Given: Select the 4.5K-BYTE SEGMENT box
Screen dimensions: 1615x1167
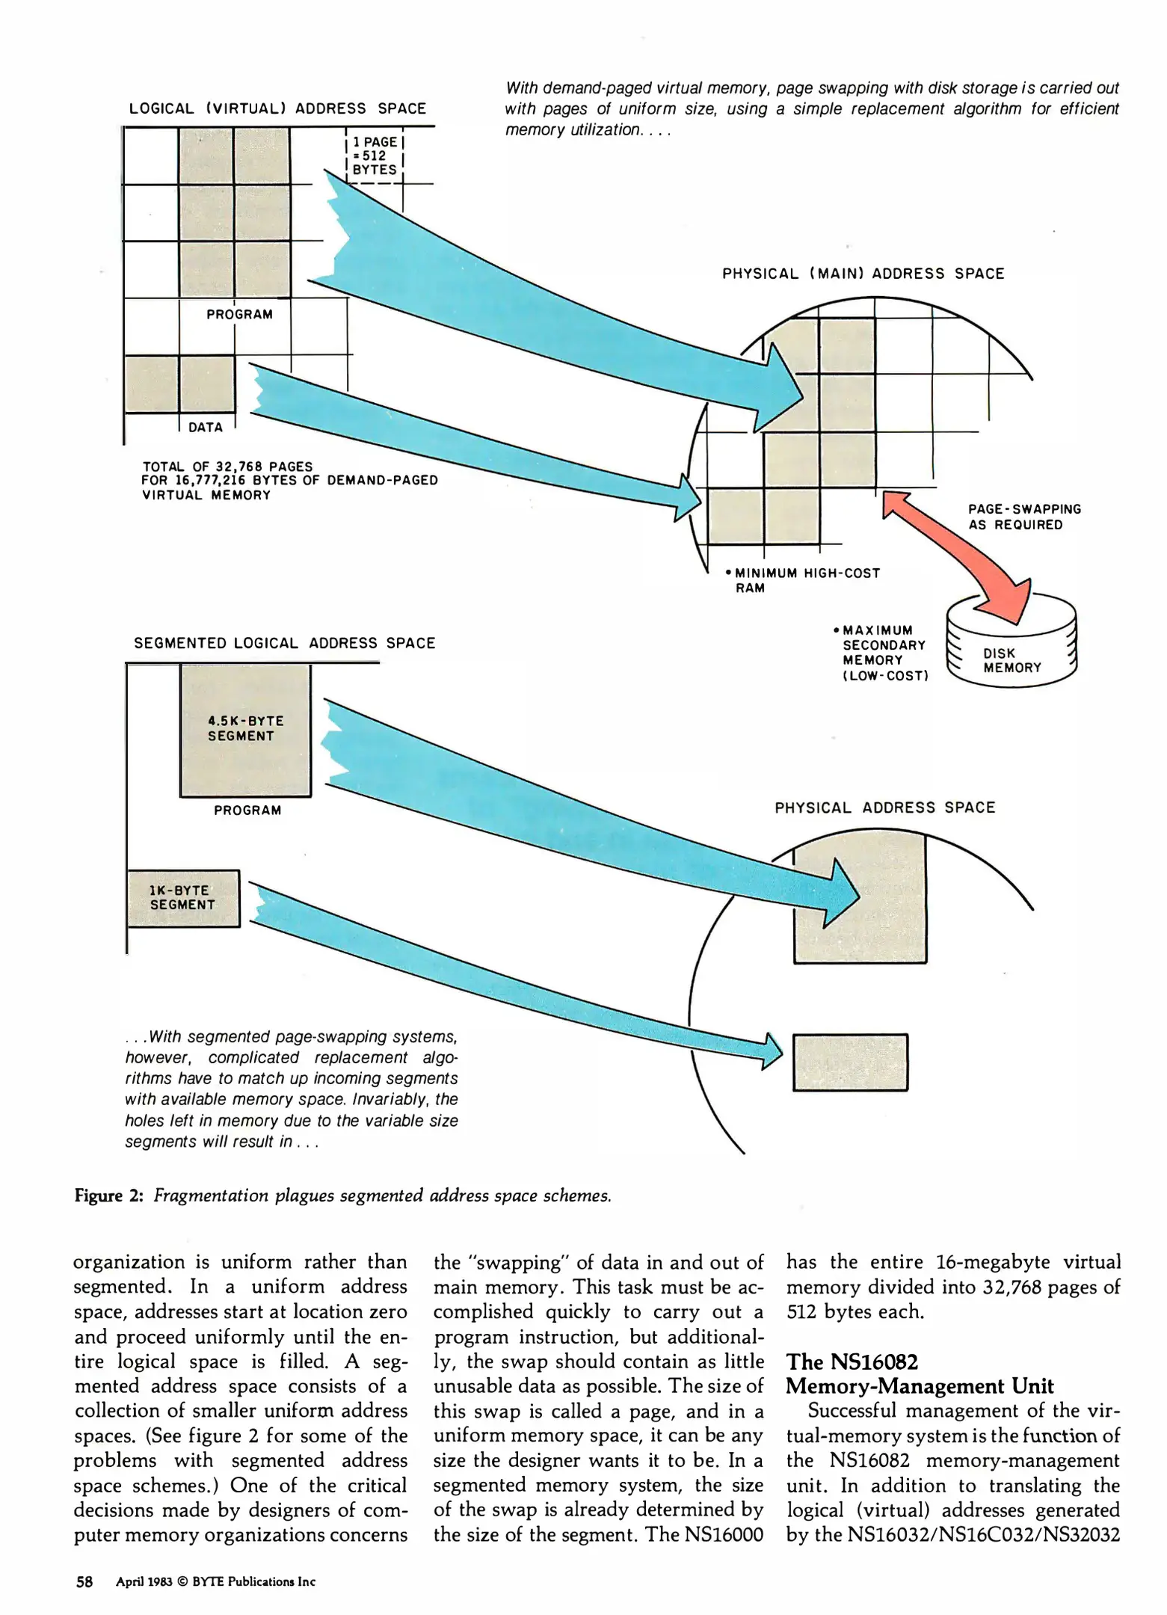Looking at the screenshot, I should click(x=245, y=729).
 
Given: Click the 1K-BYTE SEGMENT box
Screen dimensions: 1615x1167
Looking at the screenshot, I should click(x=183, y=898).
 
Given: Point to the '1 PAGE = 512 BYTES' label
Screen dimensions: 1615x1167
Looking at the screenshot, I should click(x=375, y=156).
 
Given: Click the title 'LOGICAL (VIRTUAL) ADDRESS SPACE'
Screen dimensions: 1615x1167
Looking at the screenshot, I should click(x=277, y=108).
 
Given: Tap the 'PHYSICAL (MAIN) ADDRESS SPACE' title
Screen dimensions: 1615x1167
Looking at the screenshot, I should click(x=863, y=274).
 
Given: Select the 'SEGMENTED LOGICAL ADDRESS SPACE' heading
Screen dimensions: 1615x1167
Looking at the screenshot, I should click(x=284, y=643).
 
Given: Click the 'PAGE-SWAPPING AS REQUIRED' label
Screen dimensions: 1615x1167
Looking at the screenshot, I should click(x=1024, y=517).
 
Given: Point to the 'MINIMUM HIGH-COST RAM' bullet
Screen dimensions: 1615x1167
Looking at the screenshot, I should click(x=804, y=580).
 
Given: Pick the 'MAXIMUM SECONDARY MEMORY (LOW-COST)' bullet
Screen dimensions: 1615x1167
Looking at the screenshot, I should click(x=882, y=653).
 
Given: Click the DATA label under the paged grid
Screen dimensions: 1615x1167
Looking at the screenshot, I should click(x=206, y=428).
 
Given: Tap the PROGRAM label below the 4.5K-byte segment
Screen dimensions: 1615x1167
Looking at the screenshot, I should click(x=247, y=810).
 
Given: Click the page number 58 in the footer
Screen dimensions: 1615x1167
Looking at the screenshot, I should click(x=84, y=1581).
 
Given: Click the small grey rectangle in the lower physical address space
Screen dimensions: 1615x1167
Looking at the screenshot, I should click(x=850, y=1062).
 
